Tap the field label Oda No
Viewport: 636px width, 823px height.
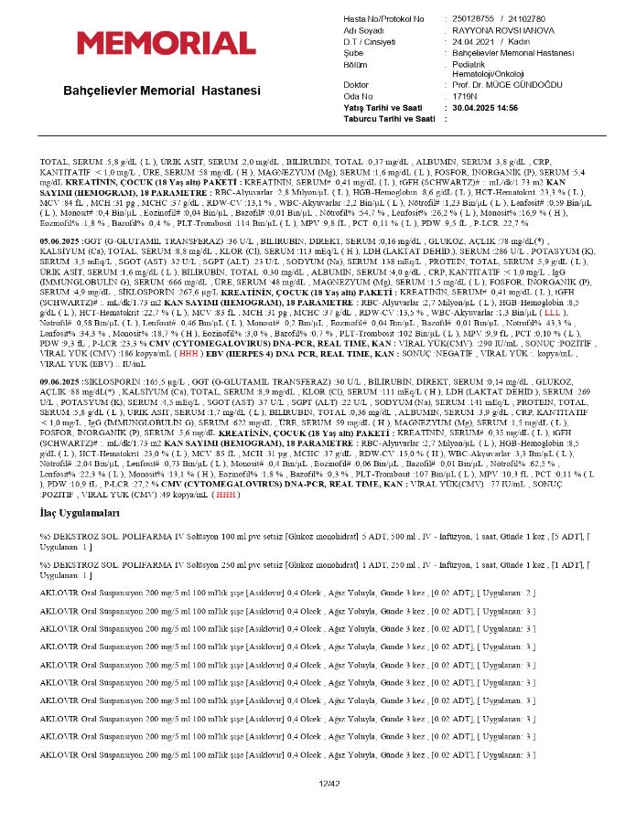pyautogui.click(x=359, y=95)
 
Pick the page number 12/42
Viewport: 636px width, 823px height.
pyautogui.click(x=329, y=784)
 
